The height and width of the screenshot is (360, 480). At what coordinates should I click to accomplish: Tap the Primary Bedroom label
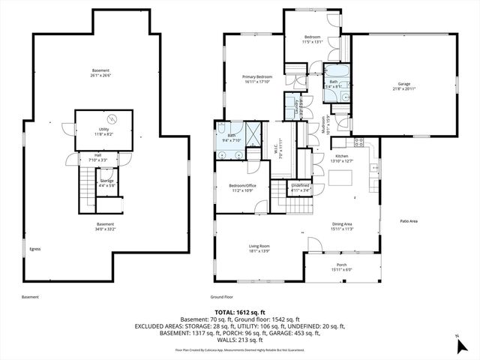256,77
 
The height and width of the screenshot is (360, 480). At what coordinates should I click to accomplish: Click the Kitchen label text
342,155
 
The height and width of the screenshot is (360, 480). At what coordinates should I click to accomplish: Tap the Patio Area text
408,221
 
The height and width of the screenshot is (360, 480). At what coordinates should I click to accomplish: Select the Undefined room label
300,185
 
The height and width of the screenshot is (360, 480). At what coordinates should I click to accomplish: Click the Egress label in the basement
34,248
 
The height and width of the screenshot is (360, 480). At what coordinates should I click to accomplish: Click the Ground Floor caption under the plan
223,297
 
